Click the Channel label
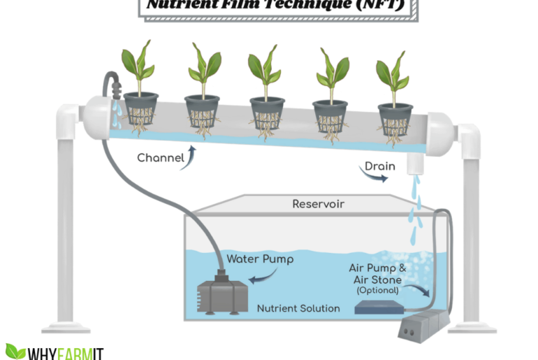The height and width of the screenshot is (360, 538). [160, 157]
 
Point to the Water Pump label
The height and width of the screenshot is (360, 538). [260, 259]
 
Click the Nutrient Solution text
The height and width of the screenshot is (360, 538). [298, 308]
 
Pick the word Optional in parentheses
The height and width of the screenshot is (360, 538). [377, 289]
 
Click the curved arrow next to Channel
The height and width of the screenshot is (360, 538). [191, 155]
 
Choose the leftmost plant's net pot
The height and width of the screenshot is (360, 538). [140, 109]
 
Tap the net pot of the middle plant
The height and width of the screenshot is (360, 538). [267, 112]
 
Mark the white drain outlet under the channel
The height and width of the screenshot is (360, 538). [416, 164]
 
